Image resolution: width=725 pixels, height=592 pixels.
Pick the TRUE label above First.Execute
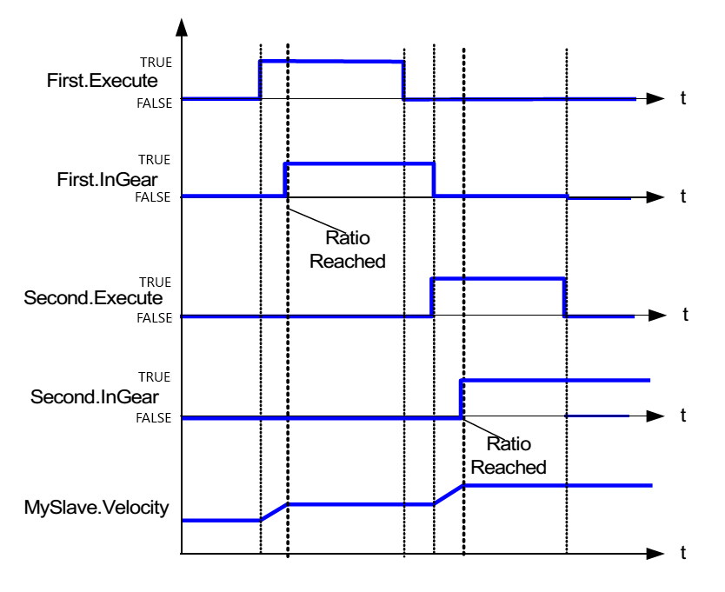(x=156, y=62)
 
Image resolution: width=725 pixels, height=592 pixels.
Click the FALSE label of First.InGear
(x=154, y=198)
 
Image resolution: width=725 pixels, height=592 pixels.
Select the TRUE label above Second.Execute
(x=156, y=282)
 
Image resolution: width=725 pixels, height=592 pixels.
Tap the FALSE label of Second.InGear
(x=154, y=419)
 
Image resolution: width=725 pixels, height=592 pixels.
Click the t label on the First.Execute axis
(x=682, y=99)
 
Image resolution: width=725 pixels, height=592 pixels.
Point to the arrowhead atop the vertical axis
(x=182, y=25)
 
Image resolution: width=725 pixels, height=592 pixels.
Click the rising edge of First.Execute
(x=260, y=79)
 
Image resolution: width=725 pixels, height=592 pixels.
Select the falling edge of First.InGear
(x=434, y=179)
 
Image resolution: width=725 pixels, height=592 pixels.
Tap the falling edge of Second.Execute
(x=565, y=297)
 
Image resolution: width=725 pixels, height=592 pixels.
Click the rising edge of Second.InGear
(x=462, y=398)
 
